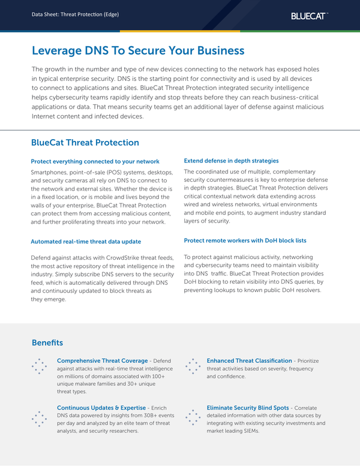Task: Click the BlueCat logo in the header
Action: [310, 16]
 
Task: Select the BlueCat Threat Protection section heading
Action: [85, 143]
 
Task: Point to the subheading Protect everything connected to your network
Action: [95, 161]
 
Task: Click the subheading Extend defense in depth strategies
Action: [231, 161]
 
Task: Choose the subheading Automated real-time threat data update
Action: [86, 241]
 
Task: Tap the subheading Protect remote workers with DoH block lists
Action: [245, 240]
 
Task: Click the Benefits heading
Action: [47, 342]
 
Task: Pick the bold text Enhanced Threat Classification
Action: [249, 360]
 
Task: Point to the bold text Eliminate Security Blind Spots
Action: [247, 407]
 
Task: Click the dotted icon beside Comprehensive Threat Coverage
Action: [38, 365]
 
